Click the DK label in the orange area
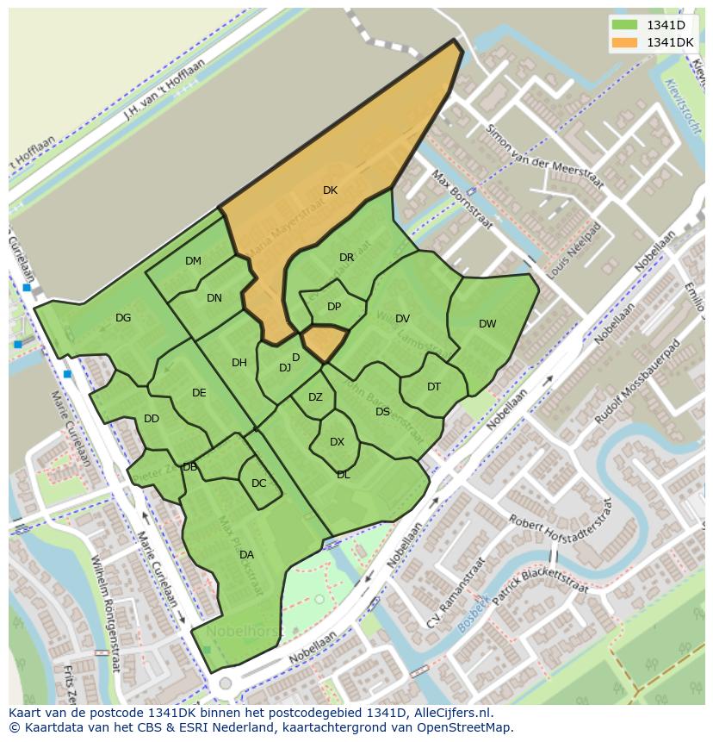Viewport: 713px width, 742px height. pyautogui.click(x=330, y=190)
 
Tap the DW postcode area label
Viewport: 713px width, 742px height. pyautogui.click(x=487, y=324)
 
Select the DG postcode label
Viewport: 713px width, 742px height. pyautogui.click(x=123, y=318)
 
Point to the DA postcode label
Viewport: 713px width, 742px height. pyautogui.click(x=246, y=555)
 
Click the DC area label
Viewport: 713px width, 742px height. pyautogui.click(x=258, y=483)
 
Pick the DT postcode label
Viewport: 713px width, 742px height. pyautogui.click(x=434, y=387)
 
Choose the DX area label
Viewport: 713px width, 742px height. pyautogui.click(x=337, y=442)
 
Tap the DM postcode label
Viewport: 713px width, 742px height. pyautogui.click(x=193, y=261)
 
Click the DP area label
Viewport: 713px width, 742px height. pyautogui.click(x=334, y=307)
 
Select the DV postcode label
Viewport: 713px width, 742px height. pyautogui.click(x=402, y=319)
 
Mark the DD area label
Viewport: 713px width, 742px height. pyautogui.click(x=152, y=420)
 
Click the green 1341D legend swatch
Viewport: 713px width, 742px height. pyautogui.click(x=626, y=25)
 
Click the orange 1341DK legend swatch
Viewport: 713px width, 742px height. pyautogui.click(x=626, y=42)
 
